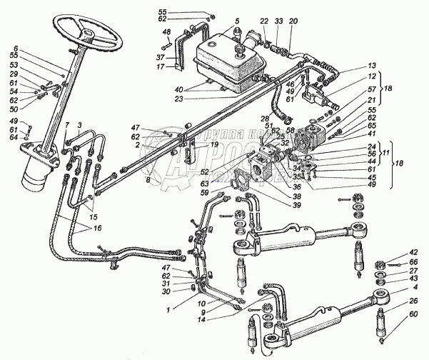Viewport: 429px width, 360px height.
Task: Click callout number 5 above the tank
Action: coord(217,21)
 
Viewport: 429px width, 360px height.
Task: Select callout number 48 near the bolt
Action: coord(166,33)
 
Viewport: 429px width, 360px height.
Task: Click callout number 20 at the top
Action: coord(293,22)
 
